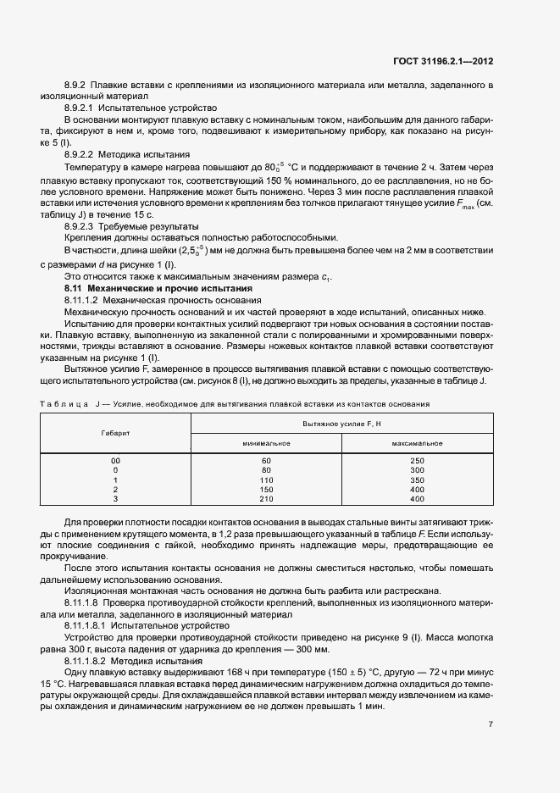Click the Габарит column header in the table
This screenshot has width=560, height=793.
pos(115,432)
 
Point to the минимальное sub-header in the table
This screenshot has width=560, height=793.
pos(267,443)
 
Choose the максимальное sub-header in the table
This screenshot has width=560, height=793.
pos(417,443)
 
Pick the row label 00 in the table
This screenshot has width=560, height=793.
pos(115,460)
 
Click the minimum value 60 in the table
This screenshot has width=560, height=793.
pos(267,460)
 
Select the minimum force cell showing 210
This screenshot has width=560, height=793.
pos(267,499)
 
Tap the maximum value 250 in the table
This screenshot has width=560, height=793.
pos(417,460)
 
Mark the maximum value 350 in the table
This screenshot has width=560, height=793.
pos(417,480)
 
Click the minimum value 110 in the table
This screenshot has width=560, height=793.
pos(267,480)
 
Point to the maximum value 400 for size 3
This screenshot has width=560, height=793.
pos(417,499)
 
